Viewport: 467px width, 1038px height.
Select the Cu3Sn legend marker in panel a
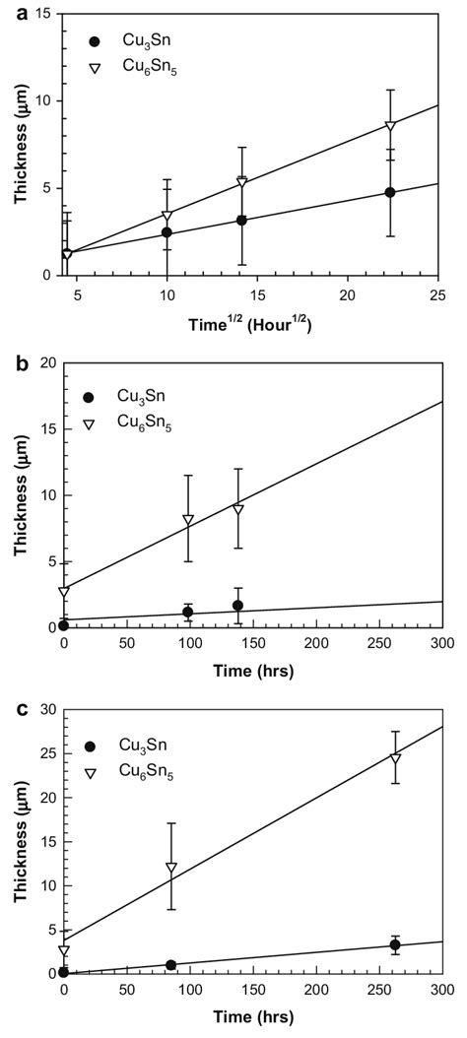tap(95, 41)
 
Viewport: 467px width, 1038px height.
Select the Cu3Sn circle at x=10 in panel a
tap(167, 232)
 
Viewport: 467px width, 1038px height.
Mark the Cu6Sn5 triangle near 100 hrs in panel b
tap(188, 519)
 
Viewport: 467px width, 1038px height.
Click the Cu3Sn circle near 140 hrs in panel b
tap(238, 606)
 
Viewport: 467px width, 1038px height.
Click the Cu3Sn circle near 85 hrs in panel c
tap(171, 965)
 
